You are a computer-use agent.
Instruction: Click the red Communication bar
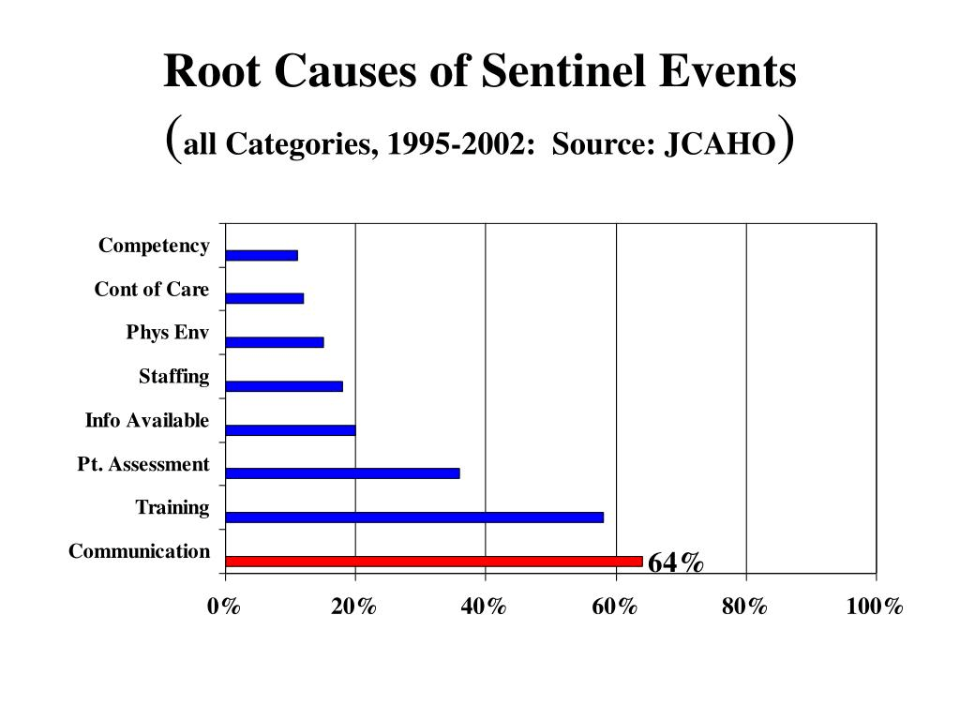[x=434, y=561]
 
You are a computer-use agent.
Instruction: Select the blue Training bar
[x=414, y=517]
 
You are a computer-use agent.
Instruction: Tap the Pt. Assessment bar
[x=342, y=473]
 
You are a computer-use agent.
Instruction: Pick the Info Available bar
[x=291, y=430]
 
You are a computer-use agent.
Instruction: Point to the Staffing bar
[x=284, y=386]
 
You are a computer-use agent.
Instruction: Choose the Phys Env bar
[x=275, y=342]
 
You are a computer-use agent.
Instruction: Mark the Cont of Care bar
[x=264, y=298]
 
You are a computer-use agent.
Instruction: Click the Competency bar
[x=262, y=255]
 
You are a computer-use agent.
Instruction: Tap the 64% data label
[x=675, y=562]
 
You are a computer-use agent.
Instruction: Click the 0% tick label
[x=224, y=607]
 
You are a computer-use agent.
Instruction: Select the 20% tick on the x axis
[x=354, y=607]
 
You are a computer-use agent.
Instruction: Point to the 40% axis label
[x=485, y=607]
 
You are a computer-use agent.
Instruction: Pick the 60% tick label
[x=615, y=607]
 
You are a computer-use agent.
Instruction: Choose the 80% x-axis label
[x=745, y=607]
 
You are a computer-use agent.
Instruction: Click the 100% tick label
[x=875, y=607]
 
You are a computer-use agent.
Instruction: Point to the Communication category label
[x=139, y=551]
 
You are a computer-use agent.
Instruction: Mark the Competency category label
[x=154, y=246]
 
